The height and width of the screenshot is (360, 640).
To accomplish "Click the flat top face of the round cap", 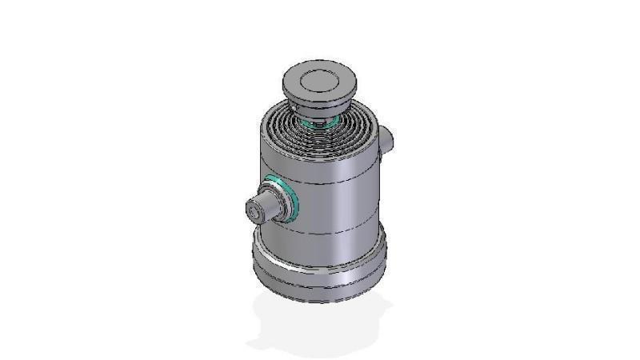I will [x=320, y=79].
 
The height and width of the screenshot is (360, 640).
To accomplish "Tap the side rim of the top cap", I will [x=320, y=99].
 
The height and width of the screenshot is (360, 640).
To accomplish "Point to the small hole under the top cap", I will [x=297, y=110].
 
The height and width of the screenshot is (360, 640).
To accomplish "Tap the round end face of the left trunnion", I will [x=254, y=212].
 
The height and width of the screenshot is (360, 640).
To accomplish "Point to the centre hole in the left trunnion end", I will [x=254, y=213].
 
